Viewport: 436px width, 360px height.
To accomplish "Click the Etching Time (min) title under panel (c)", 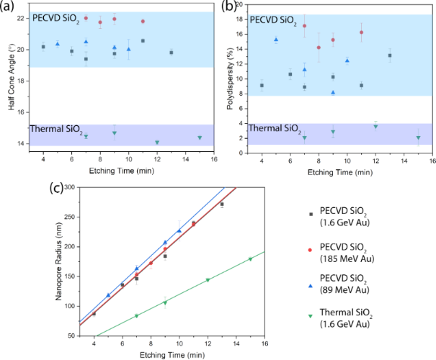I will (x=179, y=355).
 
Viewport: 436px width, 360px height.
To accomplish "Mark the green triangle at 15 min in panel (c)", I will (x=250, y=259).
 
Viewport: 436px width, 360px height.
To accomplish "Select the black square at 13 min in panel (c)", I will (x=222, y=204).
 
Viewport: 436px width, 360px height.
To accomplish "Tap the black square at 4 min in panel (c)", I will (x=94, y=313).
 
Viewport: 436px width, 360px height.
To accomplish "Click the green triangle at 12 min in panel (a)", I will (x=157, y=143).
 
